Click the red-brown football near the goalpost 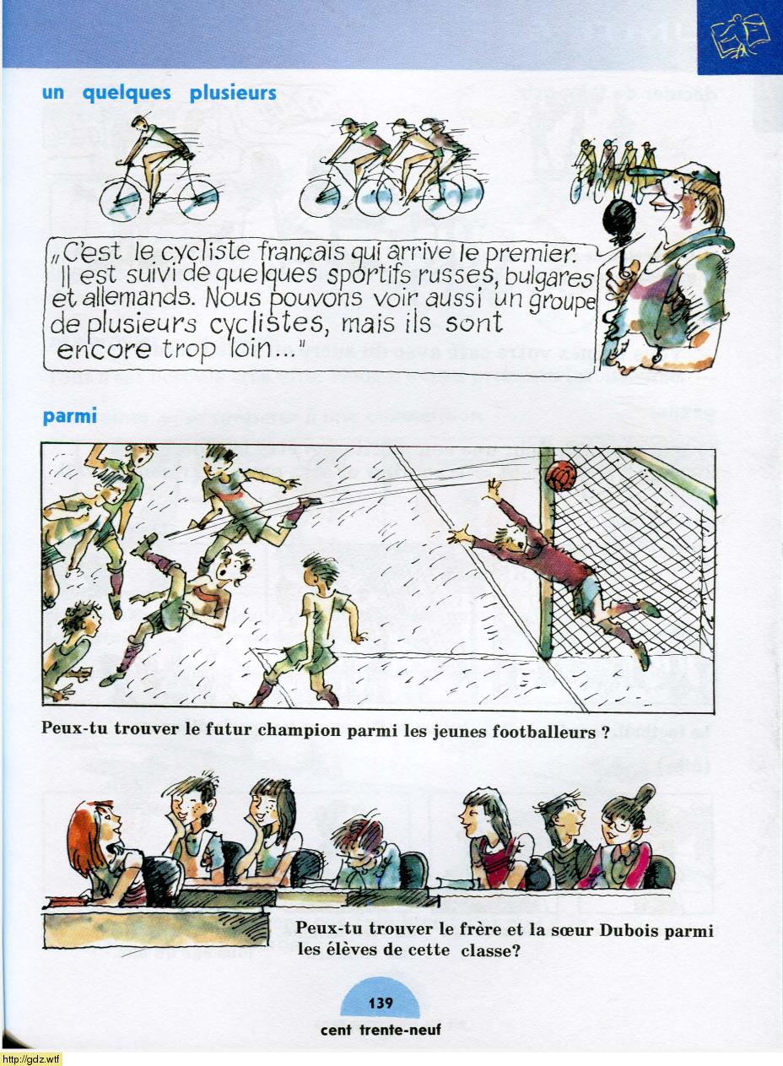[x=561, y=475]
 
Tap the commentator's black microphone [x=618, y=221]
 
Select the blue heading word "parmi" [x=69, y=416]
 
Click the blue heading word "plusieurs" [x=233, y=93]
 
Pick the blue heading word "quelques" [x=127, y=93]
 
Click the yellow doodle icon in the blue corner [x=740, y=36]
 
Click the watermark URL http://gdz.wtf [x=31, y=1059]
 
